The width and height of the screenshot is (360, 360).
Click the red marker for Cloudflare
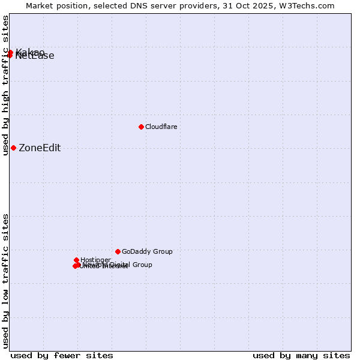[x=141, y=127]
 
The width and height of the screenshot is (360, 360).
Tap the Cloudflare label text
[x=161, y=127]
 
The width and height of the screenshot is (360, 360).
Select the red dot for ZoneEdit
[x=13, y=148]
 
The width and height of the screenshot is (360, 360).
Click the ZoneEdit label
[x=40, y=148]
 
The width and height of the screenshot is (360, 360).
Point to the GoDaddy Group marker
[x=118, y=251]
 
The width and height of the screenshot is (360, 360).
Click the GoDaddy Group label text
[x=147, y=251]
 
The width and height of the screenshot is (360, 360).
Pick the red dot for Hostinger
[x=77, y=260]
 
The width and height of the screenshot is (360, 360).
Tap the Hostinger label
[x=95, y=260]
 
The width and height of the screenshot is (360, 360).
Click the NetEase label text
[x=35, y=56]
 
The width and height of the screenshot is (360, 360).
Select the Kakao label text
[x=30, y=52]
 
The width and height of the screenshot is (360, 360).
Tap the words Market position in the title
[x=55, y=5]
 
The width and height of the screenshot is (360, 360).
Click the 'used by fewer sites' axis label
[x=62, y=355]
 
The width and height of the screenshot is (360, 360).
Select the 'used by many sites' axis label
[x=301, y=355]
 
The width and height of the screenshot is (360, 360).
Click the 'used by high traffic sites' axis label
[x=5, y=86]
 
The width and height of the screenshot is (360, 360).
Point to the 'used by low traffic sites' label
[x=5, y=281]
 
